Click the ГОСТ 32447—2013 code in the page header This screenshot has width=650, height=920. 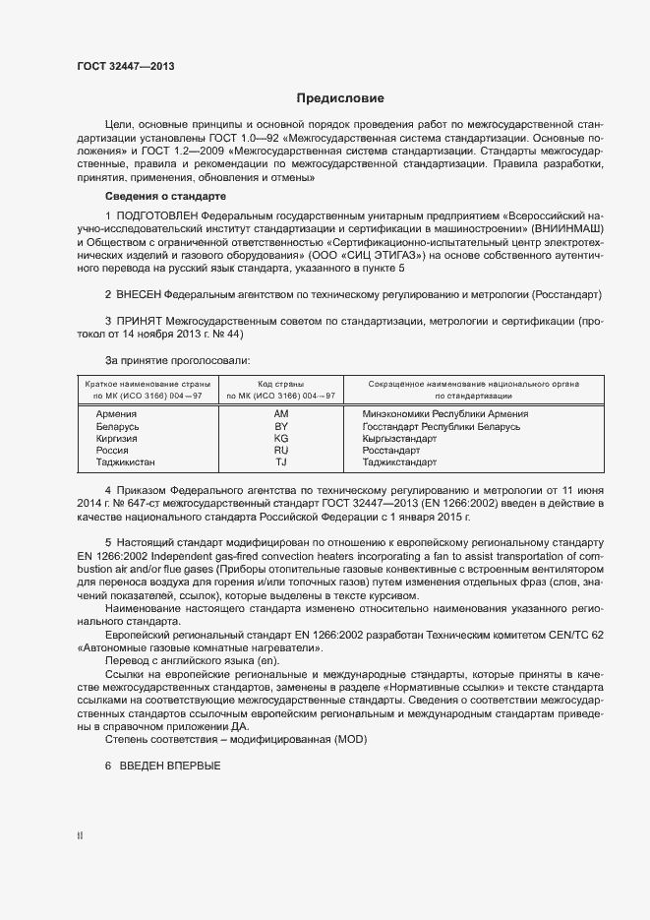tap(126, 66)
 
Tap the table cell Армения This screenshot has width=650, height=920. tap(116, 414)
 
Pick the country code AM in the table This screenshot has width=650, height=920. tap(281, 414)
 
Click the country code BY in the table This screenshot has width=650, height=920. tap(281, 426)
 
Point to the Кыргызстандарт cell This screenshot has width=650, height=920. tap(399, 438)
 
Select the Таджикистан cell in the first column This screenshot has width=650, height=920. tap(126, 461)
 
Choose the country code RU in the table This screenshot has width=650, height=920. tap(281, 450)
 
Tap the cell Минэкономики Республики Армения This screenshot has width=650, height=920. tap(445, 414)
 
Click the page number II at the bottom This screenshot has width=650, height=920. tap(80, 836)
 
